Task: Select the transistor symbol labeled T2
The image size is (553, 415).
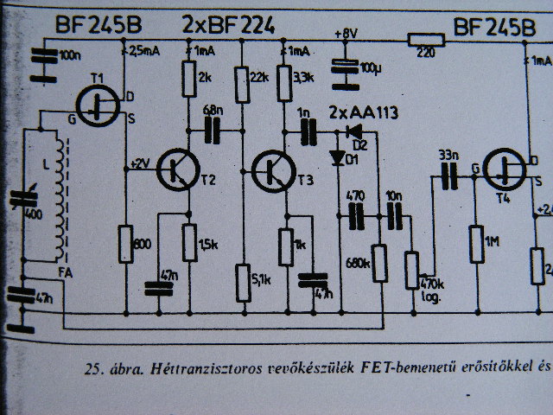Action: (x=179, y=169)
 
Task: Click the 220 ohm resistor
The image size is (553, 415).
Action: (x=424, y=38)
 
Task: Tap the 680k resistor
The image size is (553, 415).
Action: (x=378, y=261)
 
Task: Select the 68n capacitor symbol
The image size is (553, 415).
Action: (x=210, y=131)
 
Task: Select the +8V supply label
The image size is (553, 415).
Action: (x=347, y=33)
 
